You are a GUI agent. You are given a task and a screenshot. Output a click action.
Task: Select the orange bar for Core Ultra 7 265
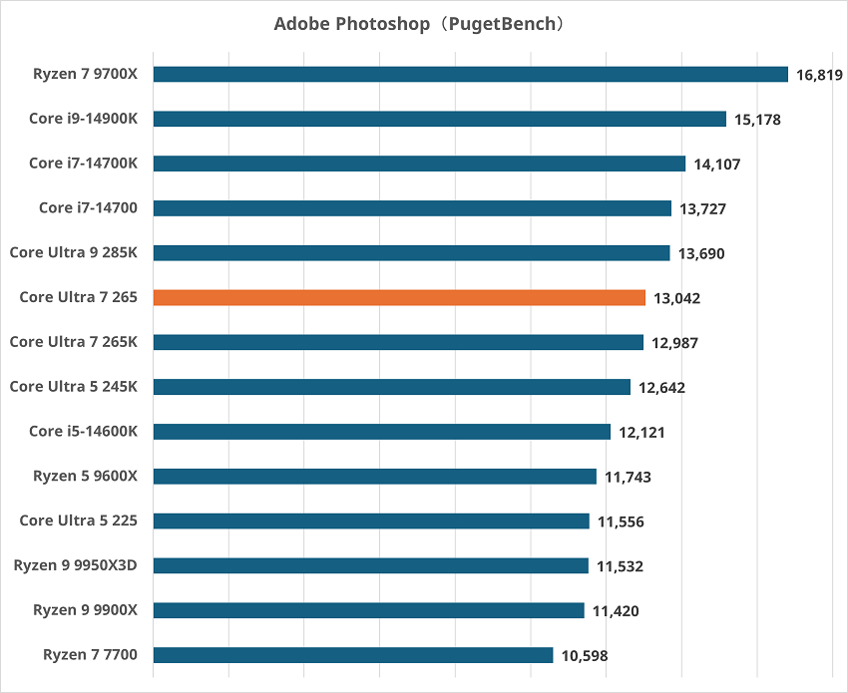pyautogui.click(x=399, y=297)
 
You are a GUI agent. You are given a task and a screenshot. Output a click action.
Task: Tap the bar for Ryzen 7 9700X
pyautogui.click(x=470, y=74)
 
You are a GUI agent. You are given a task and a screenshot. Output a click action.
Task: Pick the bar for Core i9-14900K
pyautogui.click(x=439, y=119)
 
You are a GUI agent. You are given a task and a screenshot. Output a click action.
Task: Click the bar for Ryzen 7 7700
pyautogui.click(x=352, y=655)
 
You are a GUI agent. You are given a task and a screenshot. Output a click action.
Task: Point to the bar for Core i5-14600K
pyautogui.click(x=381, y=432)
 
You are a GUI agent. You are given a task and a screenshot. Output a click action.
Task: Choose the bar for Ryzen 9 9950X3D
pyautogui.click(x=370, y=566)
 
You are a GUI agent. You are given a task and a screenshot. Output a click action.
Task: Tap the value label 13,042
pyautogui.click(x=676, y=298)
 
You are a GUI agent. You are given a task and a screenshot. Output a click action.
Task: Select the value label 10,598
pyautogui.click(x=584, y=656)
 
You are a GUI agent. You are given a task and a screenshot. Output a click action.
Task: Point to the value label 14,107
pyautogui.click(x=716, y=165)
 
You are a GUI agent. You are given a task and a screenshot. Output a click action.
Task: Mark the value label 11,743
pyautogui.click(x=628, y=478)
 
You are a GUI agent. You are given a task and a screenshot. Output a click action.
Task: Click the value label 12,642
pyautogui.click(x=661, y=388)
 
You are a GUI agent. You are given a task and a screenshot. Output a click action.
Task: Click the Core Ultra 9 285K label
pyautogui.click(x=74, y=252)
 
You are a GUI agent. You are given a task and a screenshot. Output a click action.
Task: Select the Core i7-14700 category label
pyautogui.click(x=88, y=207)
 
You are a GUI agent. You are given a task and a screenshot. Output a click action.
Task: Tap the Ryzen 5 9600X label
pyautogui.click(x=85, y=476)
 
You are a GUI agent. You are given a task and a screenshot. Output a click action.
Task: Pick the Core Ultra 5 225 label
pyautogui.click(x=78, y=520)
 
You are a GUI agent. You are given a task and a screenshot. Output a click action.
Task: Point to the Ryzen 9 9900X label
pyautogui.click(x=85, y=609)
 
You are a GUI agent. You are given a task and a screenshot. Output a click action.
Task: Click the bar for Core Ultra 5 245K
pyautogui.click(x=391, y=387)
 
